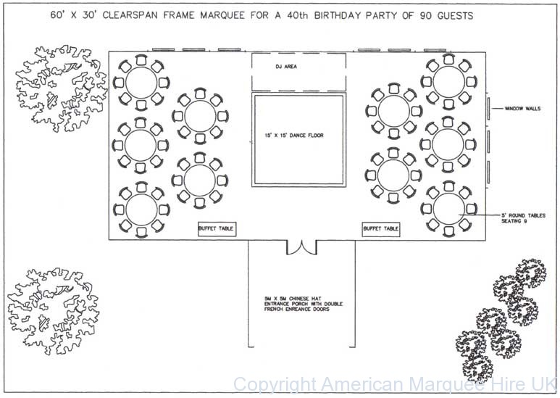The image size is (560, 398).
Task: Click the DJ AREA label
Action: [x=286, y=66]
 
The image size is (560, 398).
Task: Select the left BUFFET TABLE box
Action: [x=216, y=228]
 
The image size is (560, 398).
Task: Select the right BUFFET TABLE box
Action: [x=381, y=228]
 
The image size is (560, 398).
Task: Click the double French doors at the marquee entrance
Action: [x=301, y=247]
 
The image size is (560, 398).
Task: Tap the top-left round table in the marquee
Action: [x=140, y=81]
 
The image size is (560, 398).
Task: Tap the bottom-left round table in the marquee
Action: [x=140, y=207]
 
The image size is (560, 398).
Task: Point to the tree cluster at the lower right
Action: [x=503, y=318]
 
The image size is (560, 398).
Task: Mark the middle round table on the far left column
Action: [x=140, y=144]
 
